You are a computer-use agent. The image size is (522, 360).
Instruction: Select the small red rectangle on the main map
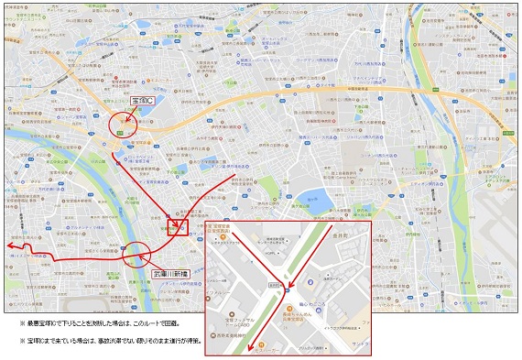[x=177, y=224]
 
